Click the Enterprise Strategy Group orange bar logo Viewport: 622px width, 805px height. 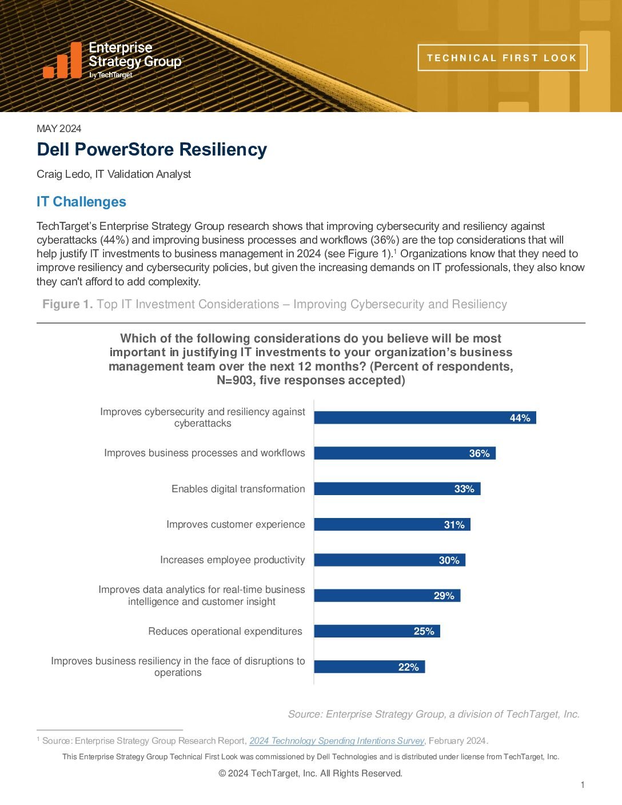[62, 60]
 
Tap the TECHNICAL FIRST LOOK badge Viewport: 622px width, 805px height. [502, 58]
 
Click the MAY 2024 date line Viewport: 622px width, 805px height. [59, 129]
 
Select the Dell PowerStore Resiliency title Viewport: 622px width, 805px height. [152, 149]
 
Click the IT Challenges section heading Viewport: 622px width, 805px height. [81, 202]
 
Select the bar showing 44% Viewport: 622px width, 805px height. [425, 418]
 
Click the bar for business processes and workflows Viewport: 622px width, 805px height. [405, 453]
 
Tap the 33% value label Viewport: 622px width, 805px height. [464, 489]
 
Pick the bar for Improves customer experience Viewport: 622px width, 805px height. [392, 524]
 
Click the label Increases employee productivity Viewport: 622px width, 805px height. [232, 560]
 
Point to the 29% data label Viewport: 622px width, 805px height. [444, 596]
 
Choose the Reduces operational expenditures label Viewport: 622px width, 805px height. [225, 631]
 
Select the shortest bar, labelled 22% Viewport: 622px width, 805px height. [369, 667]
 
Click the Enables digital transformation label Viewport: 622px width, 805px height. [238, 489]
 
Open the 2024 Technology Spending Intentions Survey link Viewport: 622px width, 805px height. [337, 741]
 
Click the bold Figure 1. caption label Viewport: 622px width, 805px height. [67, 304]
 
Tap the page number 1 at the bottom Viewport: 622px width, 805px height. [583, 785]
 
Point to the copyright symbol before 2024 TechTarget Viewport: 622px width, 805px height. [222, 774]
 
